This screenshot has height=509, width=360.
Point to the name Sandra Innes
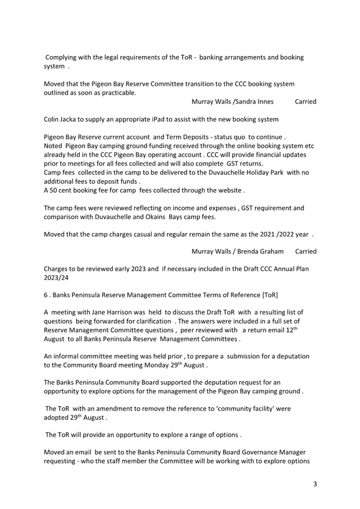coord(254,101)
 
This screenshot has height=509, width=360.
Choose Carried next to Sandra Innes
coord(306,101)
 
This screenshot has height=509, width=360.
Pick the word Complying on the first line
coord(63,58)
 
